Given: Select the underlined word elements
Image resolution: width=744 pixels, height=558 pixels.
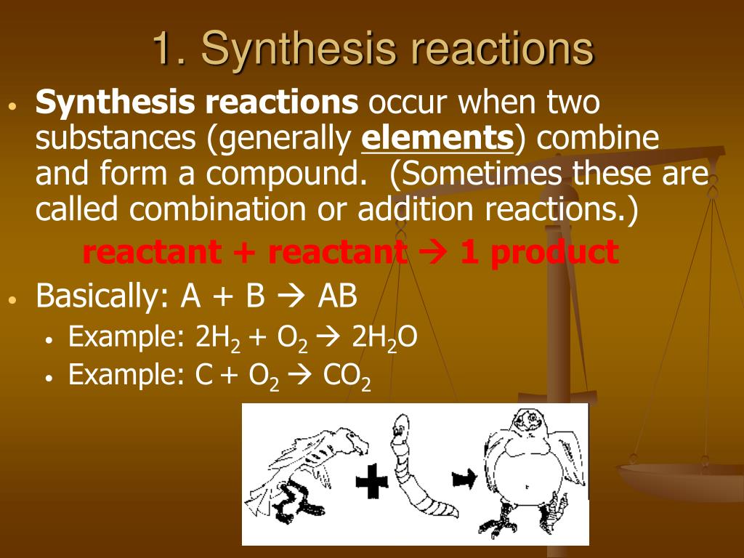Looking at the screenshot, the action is pyautogui.click(x=437, y=137).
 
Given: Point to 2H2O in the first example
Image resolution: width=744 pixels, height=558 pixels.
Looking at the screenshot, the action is pyautogui.click(x=384, y=338).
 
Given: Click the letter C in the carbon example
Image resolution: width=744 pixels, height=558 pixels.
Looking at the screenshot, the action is pyautogui.click(x=203, y=375).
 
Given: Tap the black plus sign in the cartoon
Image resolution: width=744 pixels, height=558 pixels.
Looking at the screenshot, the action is pyautogui.click(x=371, y=481).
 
